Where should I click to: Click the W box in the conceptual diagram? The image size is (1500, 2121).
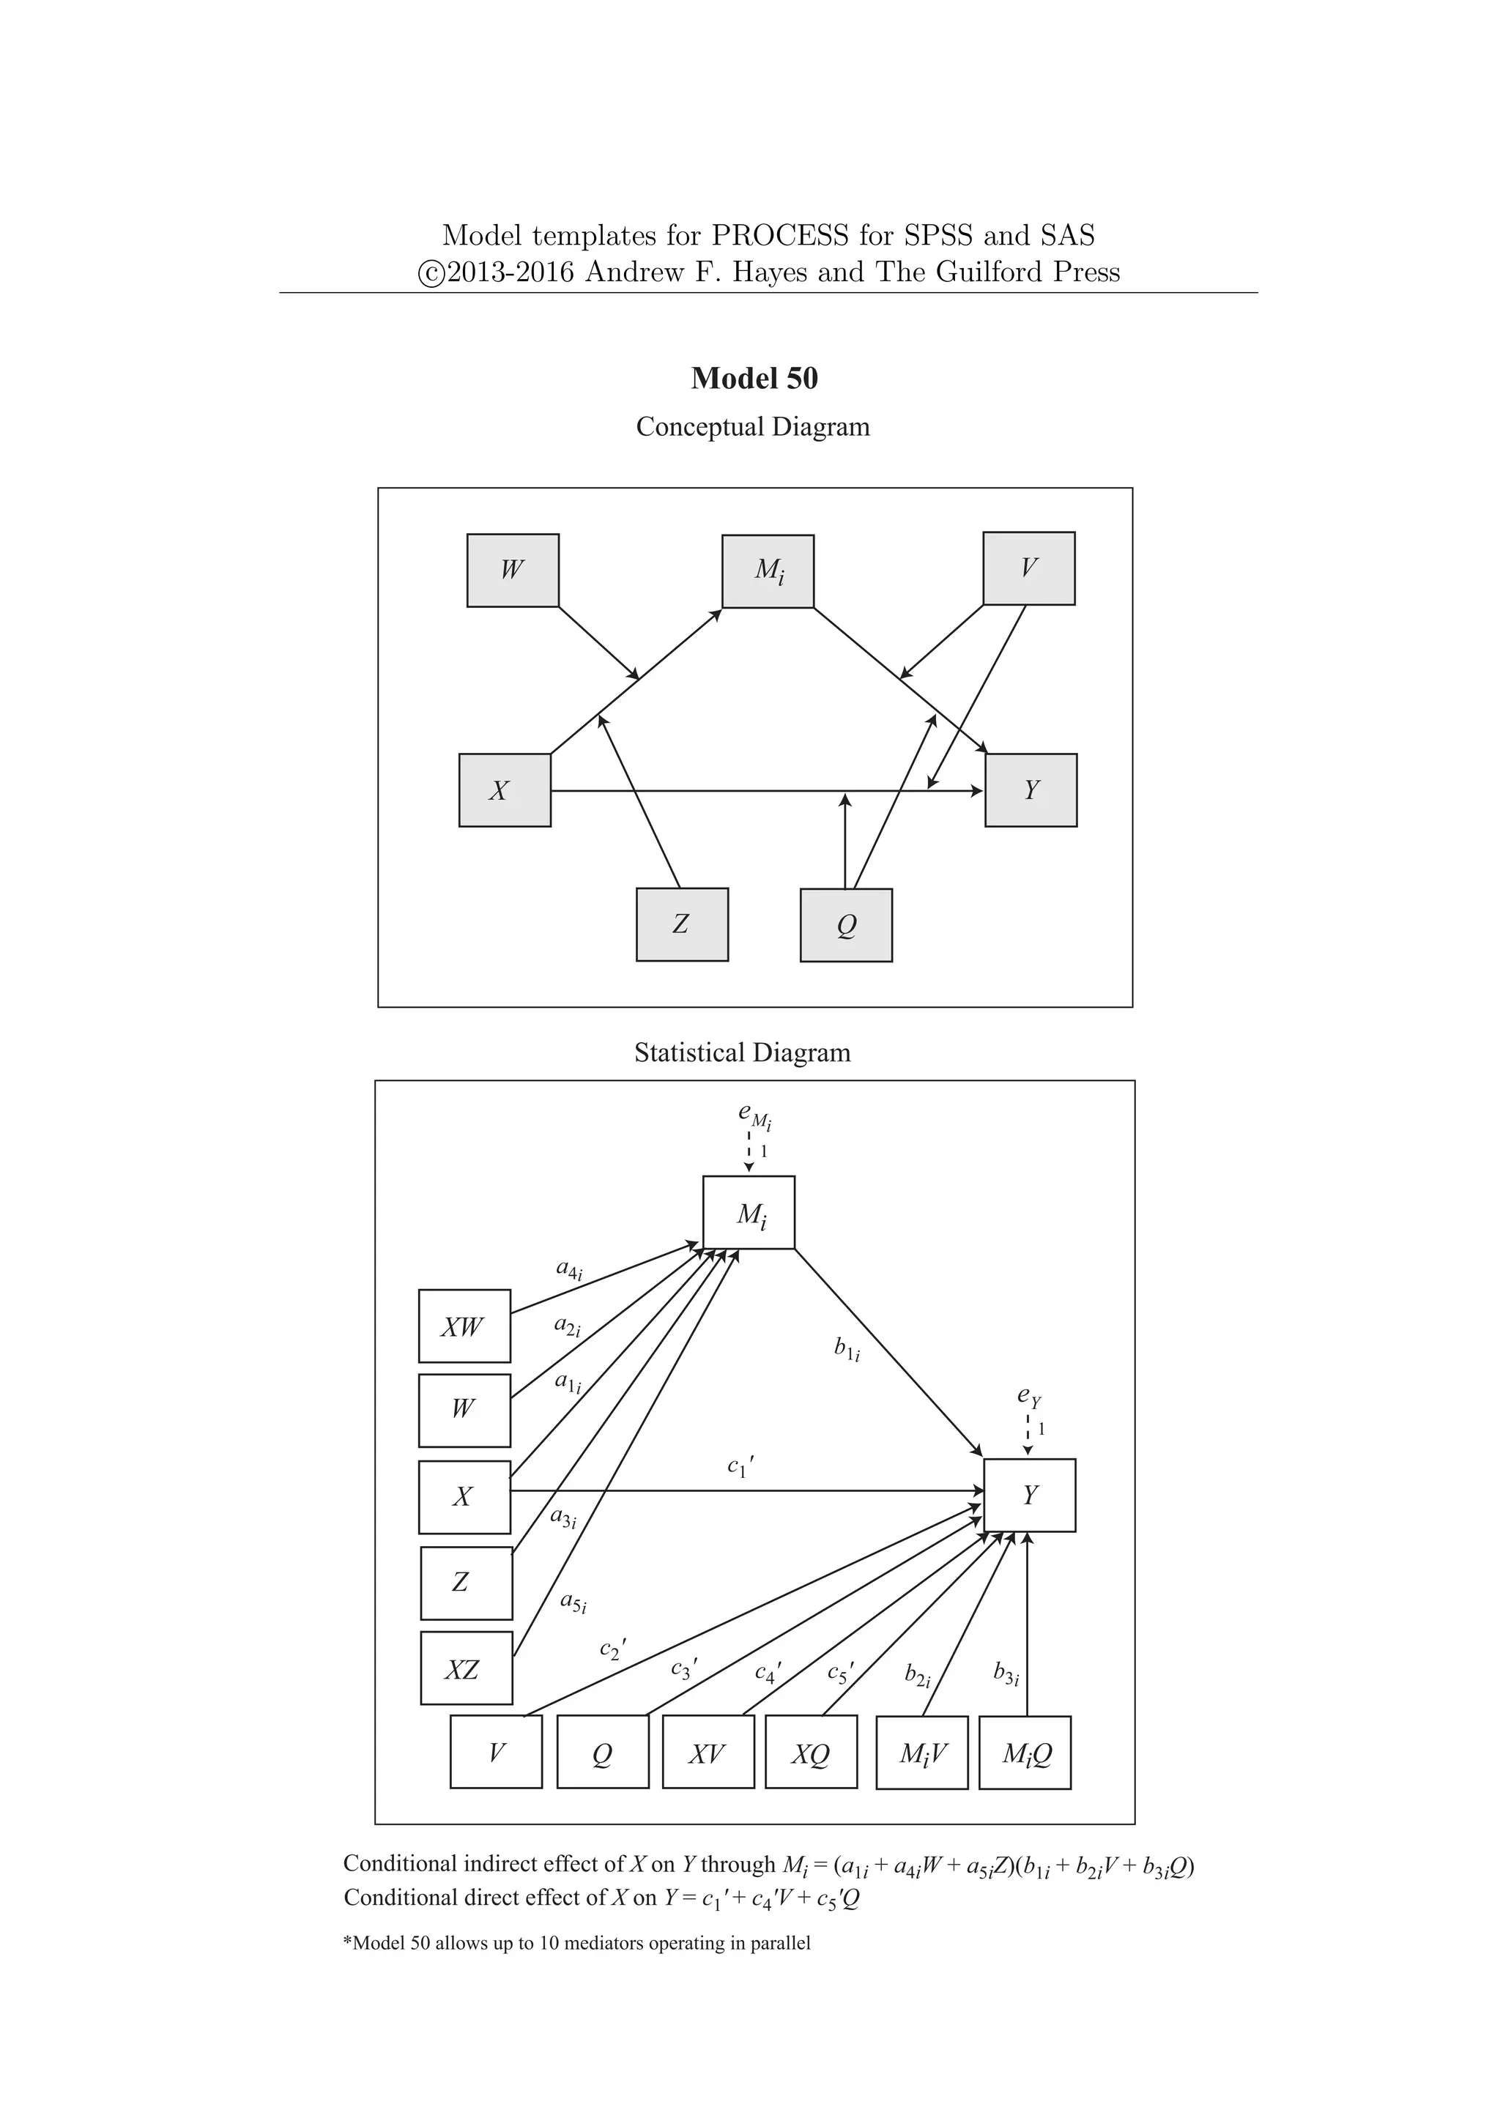tap(513, 570)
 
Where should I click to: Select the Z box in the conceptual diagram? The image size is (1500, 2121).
tap(682, 925)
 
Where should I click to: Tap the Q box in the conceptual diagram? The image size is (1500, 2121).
tap(846, 926)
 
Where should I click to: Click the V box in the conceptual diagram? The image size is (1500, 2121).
tap(1029, 568)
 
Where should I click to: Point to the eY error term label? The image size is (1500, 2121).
tap(1029, 1397)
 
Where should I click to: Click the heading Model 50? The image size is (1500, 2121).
tap(754, 379)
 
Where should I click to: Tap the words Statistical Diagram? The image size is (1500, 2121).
tap(742, 1053)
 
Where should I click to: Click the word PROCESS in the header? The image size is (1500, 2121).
tap(779, 236)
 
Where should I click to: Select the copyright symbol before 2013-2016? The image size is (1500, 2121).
tap(431, 273)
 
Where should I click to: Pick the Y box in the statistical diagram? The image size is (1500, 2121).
tap(1029, 1496)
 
